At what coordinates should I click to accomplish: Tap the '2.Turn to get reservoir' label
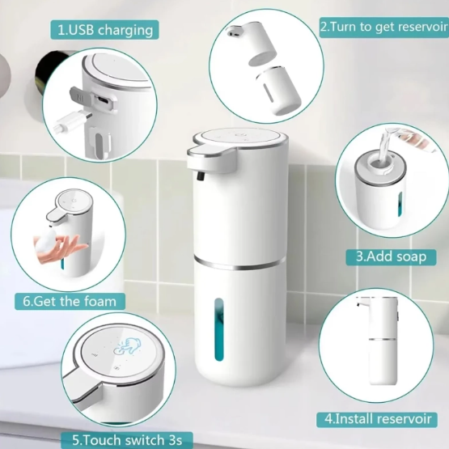(x=382, y=26)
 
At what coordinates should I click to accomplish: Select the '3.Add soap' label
(x=392, y=256)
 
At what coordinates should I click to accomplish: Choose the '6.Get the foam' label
(x=69, y=301)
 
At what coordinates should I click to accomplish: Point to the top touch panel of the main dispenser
(x=239, y=139)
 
